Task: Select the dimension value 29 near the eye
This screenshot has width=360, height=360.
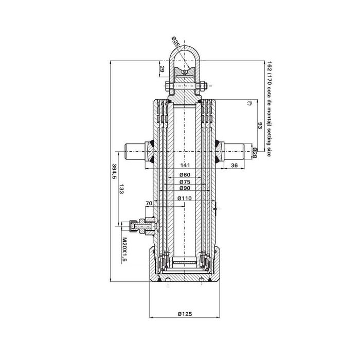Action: pyautogui.click(x=163, y=69)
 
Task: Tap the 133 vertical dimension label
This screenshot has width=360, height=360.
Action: pyautogui.click(x=121, y=189)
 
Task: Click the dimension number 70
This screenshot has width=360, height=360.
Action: pyautogui.click(x=149, y=204)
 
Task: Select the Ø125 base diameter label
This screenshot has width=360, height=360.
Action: pyautogui.click(x=184, y=315)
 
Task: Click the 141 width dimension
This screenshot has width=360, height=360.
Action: pyautogui.click(x=185, y=165)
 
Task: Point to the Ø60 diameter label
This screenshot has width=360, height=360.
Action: pyautogui.click(x=185, y=175)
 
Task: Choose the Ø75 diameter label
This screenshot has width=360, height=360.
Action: pyautogui.click(x=185, y=183)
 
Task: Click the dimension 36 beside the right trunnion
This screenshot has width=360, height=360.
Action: pyautogui.click(x=234, y=165)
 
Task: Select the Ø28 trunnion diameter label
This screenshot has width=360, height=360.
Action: pyautogui.click(x=255, y=153)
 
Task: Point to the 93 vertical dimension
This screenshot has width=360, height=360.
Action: pyautogui.click(x=260, y=126)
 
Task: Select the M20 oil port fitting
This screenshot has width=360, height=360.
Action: pyautogui.click(x=140, y=226)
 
